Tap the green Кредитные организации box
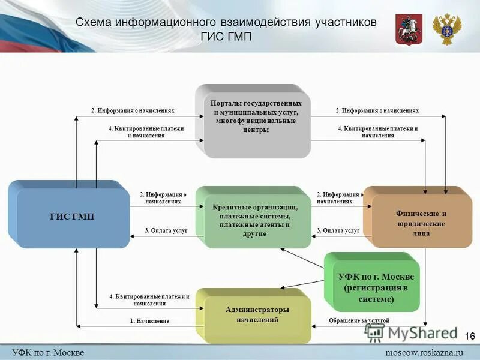[x=255, y=217]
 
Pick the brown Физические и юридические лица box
[x=420, y=221]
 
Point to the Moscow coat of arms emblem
[x=409, y=30]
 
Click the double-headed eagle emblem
[x=448, y=30]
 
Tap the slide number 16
[x=470, y=336]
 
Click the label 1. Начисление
[x=149, y=321]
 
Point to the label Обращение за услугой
[x=359, y=321]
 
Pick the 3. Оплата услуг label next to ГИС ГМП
[x=166, y=230]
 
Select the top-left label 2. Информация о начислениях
[x=133, y=111]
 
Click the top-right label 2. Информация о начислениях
[x=377, y=111]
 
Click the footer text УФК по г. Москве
[x=48, y=352]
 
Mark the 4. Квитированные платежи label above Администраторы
[x=149, y=300]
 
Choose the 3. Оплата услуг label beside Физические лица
[x=338, y=230]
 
